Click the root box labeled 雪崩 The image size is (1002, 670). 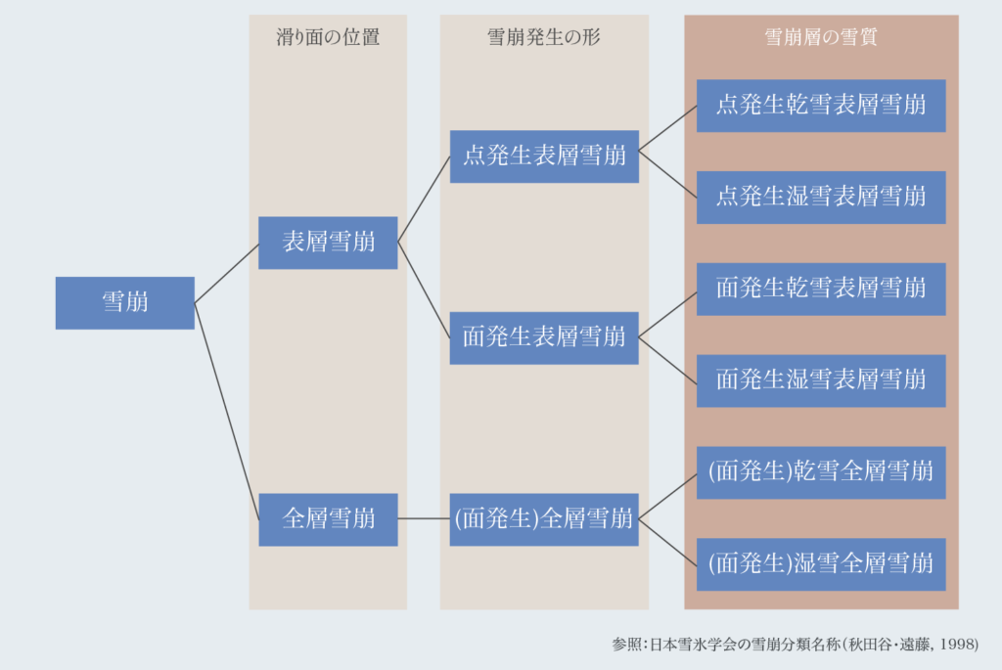coord(124,303)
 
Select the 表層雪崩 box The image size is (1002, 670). coord(328,243)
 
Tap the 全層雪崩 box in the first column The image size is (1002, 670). coord(328,519)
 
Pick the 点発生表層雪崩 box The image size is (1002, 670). coord(544,156)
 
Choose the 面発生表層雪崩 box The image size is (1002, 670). coord(544,337)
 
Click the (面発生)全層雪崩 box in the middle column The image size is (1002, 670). coord(544,519)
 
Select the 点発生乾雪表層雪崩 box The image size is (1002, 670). coord(821,106)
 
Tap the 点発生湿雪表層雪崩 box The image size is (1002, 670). coord(821,198)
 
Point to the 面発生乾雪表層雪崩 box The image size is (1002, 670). coord(821,290)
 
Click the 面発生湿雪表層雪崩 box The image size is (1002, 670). coord(821,380)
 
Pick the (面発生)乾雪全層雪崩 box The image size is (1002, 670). coord(821,472)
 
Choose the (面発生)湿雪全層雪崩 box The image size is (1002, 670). coord(821,564)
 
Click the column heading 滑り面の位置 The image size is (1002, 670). coord(328,37)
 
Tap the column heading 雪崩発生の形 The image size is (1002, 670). coord(544,37)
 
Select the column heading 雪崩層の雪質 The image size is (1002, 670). coord(821,37)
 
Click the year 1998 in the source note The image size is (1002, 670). coord(956,644)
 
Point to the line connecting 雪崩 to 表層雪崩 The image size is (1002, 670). coord(226,273)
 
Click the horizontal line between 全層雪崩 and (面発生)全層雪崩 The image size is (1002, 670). coord(424,518)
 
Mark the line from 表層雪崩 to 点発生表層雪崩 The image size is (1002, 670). coord(424,200)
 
